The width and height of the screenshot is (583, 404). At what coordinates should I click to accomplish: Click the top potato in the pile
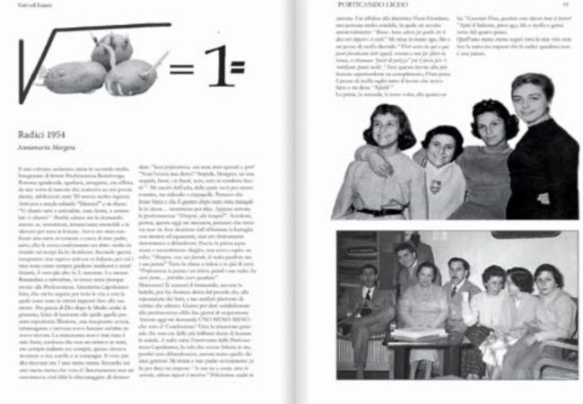pos(111,48)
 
